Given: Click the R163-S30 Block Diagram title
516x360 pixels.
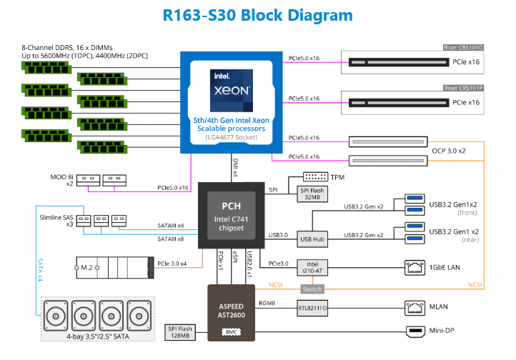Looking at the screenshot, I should pyautogui.click(x=257, y=15).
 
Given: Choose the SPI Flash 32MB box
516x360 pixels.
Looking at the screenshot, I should pyautogui.click(x=310, y=194).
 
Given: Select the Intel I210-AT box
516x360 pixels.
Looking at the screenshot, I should pyautogui.click(x=311, y=266).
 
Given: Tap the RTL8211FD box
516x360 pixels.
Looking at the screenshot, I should pyautogui.click(x=312, y=309).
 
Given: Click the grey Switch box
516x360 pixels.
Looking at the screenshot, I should pyautogui.click(x=312, y=289).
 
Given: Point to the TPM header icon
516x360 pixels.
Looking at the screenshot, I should pyautogui.click(x=314, y=176).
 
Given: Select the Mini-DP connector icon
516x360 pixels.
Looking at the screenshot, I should pyautogui.click(x=415, y=331).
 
